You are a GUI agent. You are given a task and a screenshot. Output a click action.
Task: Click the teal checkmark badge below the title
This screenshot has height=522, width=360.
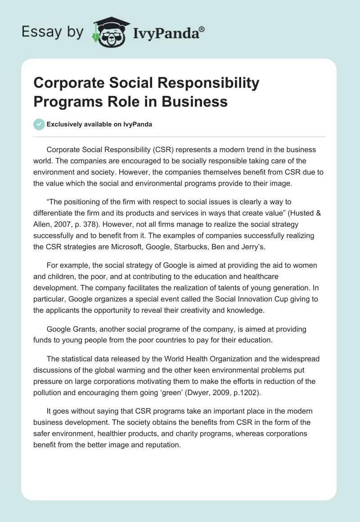pos(40,124)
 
